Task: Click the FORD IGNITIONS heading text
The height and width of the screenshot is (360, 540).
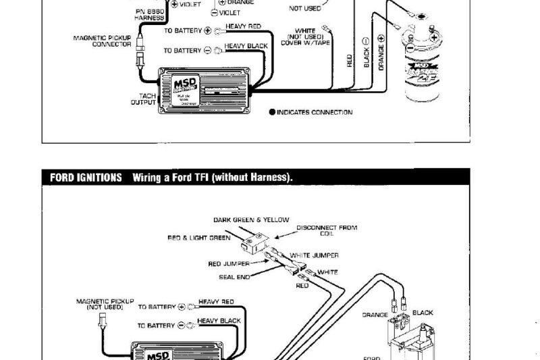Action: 86,178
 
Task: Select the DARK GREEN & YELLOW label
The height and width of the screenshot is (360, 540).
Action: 251,220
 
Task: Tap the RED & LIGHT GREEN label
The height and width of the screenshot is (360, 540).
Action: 199,238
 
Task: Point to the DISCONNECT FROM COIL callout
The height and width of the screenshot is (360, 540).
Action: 327,230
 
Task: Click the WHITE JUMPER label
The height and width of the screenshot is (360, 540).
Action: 314,255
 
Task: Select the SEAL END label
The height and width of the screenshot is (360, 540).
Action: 236,276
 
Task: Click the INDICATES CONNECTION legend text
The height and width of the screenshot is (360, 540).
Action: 315,112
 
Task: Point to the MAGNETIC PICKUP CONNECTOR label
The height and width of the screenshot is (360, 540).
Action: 102,41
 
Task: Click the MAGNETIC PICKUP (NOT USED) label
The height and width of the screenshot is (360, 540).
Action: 105,304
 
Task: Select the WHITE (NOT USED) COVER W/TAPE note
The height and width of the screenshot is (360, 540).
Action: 305,36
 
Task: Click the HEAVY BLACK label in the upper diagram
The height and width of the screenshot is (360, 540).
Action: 246,46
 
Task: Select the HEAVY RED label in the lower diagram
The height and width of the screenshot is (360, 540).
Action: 216,302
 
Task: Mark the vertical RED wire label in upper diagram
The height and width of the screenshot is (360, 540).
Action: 350,61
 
